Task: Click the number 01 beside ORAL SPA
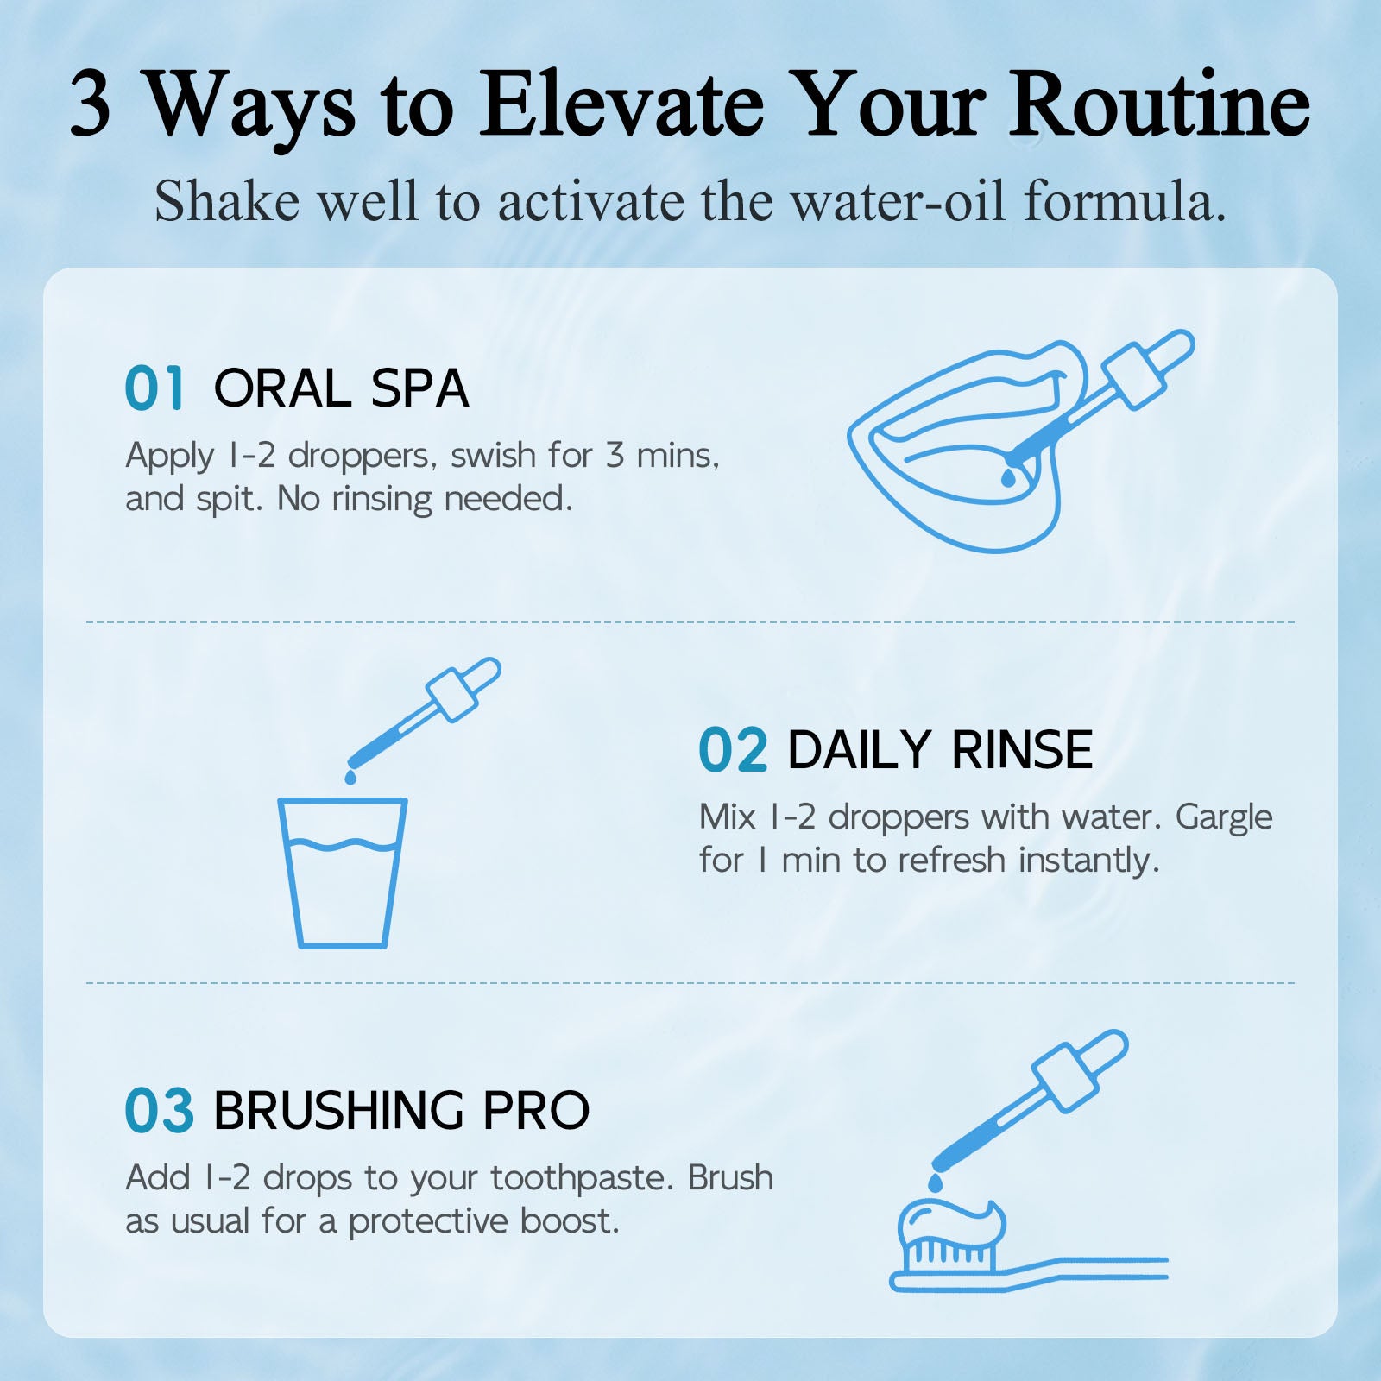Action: click(x=154, y=388)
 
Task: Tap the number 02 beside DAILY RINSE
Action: click(x=733, y=749)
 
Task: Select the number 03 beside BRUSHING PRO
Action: click(x=160, y=1110)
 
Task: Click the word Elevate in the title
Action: click(x=622, y=105)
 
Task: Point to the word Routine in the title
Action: click(x=1160, y=105)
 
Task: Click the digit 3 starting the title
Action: click(x=90, y=105)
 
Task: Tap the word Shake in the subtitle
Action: click(x=227, y=202)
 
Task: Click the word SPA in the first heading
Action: click(x=419, y=388)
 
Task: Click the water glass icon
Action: click(x=343, y=873)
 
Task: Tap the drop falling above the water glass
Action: click(x=350, y=777)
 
